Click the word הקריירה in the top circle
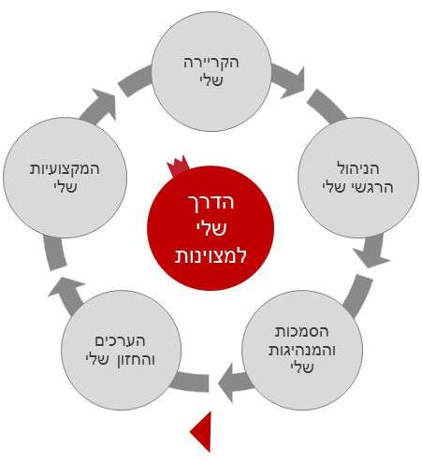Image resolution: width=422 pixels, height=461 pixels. (x=211, y=63)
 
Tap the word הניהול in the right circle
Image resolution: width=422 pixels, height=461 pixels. (x=358, y=168)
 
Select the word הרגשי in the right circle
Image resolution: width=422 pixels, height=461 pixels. (x=374, y=188)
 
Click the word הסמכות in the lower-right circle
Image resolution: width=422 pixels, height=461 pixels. (x=301, y=331)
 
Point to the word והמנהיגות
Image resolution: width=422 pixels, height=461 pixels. (x=302, y=350)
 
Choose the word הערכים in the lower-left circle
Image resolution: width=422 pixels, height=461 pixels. (x=120, y=340)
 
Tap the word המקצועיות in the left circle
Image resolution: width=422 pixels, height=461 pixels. (x=65, y=169)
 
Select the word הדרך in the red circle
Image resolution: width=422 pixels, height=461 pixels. (x=211, y=203)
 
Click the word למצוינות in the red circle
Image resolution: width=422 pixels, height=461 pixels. (x=211, y=255)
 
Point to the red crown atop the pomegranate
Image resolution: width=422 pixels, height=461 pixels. (x=178, y=166)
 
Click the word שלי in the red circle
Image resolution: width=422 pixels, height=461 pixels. (x=211, y=229)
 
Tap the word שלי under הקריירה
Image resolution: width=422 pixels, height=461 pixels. (x=211, y=80)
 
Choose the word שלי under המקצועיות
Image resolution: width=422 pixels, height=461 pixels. (x=65, y=187)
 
